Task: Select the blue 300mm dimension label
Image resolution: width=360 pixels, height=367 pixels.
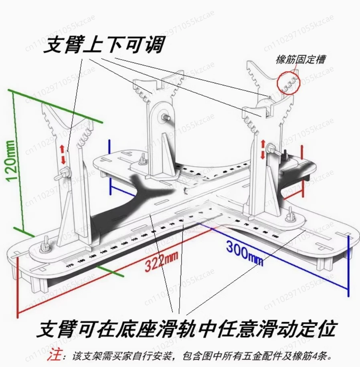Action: click(x=245, y=252)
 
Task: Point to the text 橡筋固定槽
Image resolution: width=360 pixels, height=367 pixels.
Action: click(x=300, y=60)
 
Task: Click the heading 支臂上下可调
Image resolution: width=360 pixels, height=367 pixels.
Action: click(x=103, y=45)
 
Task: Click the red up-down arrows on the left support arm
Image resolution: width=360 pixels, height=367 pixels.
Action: click(x=63, y=154)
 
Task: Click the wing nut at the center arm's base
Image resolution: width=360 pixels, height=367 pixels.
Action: click(x=142, y=161)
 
